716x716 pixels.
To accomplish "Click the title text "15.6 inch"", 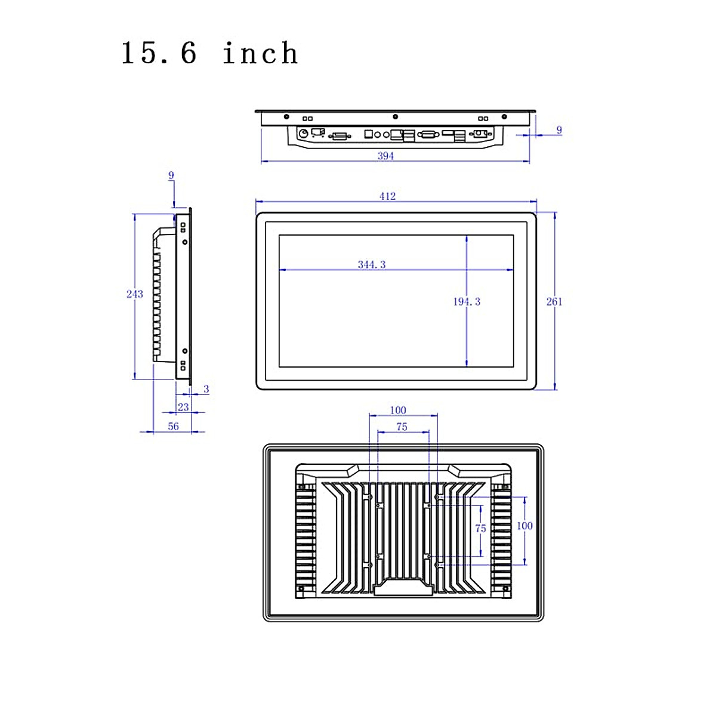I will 209,53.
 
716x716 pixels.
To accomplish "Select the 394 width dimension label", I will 385,156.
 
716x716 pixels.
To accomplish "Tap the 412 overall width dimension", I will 387,196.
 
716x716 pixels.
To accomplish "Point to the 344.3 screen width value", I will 372,264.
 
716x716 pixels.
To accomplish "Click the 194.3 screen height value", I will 466,301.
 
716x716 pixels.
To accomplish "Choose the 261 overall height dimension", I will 554,301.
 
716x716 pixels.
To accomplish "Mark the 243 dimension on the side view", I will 135,294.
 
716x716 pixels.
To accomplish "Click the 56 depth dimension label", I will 173,426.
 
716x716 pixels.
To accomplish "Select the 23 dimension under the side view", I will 183,407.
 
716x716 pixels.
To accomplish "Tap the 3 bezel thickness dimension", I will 206,389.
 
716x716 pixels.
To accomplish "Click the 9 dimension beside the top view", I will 558,129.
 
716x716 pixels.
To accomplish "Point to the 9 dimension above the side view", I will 171,175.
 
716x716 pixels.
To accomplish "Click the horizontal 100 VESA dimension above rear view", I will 398,410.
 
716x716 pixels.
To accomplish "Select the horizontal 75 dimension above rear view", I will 402,427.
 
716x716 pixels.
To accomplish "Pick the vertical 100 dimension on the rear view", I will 524,526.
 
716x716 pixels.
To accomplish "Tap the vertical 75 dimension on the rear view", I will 480,528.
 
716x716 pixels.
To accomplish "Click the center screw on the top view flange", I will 395,117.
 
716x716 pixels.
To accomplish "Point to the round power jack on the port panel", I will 303,133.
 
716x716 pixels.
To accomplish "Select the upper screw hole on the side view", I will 185,242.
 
